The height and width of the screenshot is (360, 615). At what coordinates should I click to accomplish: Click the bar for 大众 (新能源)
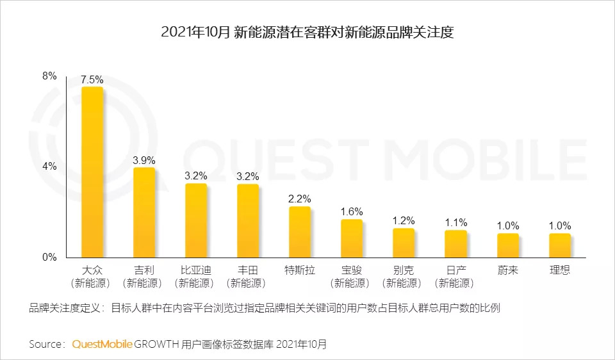tap(92, 172)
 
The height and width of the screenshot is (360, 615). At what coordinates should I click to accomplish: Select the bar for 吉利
tap(144, 212)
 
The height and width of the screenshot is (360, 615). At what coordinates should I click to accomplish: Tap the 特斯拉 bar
tap(300, 231)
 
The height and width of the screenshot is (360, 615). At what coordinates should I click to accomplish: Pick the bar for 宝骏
tap(352, 238)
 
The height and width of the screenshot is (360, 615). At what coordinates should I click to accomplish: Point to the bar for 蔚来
tap(508, 245)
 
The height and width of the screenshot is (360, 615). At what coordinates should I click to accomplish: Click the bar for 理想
tap(560, 245)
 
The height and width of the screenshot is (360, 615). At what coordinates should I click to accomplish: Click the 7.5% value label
tap(92, 79)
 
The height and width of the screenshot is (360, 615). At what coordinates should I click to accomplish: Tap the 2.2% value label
tap(300, 199)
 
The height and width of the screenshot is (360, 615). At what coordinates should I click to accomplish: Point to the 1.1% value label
tap(456, 222)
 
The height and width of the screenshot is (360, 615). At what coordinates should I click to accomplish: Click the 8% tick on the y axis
tap(49, 76)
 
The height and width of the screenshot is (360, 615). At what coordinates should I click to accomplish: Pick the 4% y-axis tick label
tap(49, 167)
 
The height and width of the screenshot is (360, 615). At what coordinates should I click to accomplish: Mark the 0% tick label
tap(49, 258)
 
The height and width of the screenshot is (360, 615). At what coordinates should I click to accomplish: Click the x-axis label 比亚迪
tap(196, 270)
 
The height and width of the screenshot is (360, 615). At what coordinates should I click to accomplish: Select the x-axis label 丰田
tap(248, 270)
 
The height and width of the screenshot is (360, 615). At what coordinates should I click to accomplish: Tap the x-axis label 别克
tap(404, 270)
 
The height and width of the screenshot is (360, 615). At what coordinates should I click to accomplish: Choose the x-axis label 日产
tap(456, 270)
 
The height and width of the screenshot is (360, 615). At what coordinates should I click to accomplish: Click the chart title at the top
tap(307, 33)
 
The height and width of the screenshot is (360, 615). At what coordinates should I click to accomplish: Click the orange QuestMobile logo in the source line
tap(102, 344)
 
